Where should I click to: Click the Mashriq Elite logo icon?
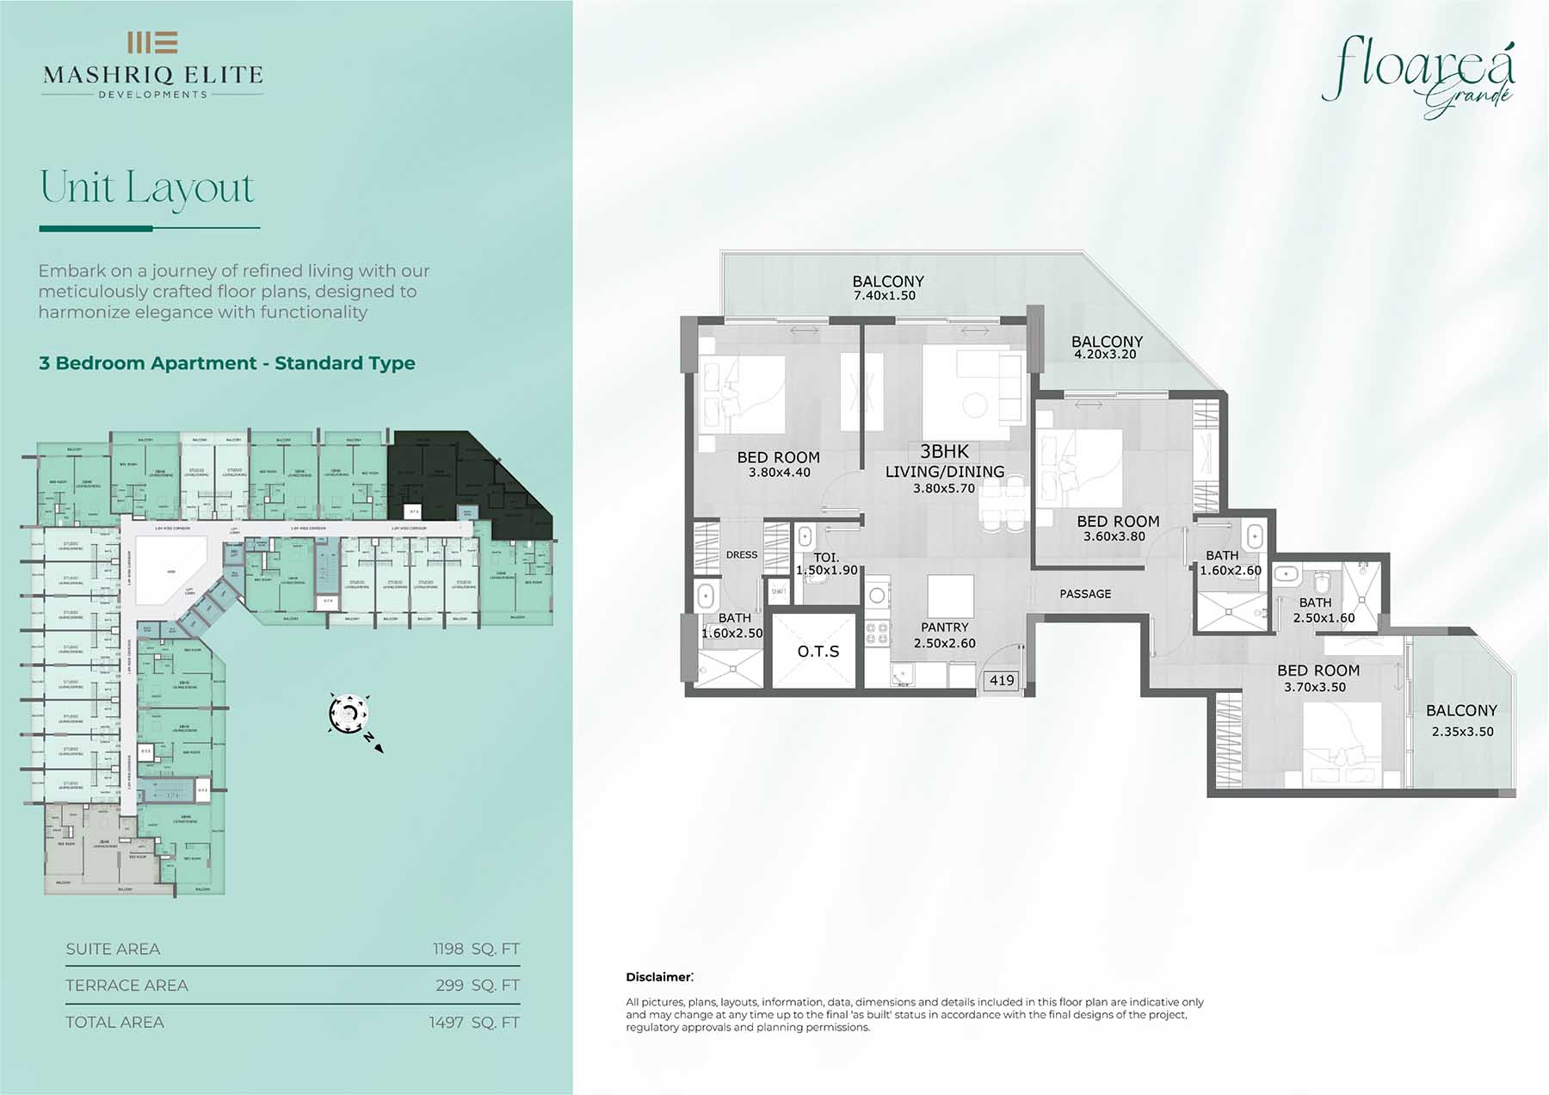(152, 42)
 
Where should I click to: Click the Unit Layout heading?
(147, 188)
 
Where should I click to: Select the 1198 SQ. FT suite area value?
(476, 949)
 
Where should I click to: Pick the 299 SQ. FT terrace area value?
(478, 985)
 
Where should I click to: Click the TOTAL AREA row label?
(114, 1022)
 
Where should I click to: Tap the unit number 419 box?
(1002, 680)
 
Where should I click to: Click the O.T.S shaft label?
(818, 652)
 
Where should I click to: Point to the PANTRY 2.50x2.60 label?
(944, 635)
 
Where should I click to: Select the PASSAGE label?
(1085, 594)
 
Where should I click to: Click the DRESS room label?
(742, 554)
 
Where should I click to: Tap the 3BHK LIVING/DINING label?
(944, 469)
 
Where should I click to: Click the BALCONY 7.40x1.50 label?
(887, 288)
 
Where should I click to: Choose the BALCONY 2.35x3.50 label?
(1461, 721)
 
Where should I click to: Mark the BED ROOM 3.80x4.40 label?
(778, 464)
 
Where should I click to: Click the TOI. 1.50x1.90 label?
(826, 564)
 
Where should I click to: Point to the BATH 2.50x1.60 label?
(1323, 610)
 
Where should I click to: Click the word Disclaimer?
(658, 977)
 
